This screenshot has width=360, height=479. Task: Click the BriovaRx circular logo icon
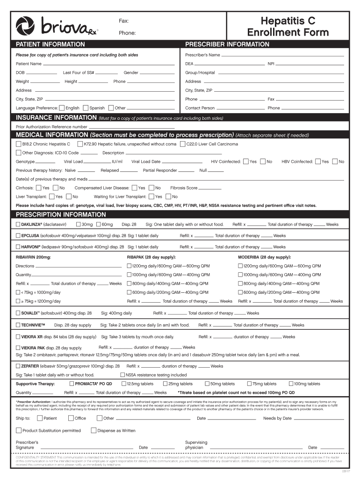point(25,26)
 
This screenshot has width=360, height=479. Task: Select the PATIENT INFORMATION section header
point(50,44)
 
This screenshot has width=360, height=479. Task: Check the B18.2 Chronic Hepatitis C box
point(19,144)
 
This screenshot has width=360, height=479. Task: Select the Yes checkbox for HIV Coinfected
point(246,161)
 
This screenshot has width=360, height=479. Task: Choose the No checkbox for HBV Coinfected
point(334,161)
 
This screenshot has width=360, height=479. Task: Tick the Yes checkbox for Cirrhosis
point(39,188)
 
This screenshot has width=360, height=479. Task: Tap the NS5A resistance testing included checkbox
point(122,375)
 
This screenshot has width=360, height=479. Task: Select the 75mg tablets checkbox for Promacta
point(249,384)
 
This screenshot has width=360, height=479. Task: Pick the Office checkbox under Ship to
point(71,418)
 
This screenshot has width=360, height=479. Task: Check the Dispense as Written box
point(94,430)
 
